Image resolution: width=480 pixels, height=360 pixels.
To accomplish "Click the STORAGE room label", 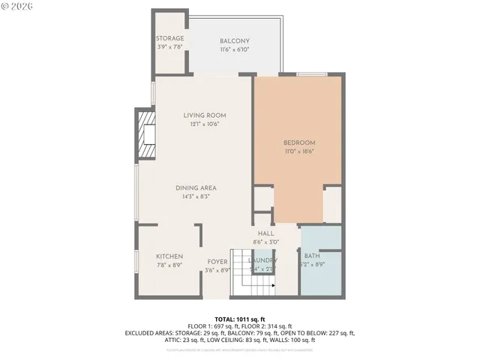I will (x=169, y=38).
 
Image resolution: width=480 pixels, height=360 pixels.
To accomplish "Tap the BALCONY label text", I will (x=235, y=40).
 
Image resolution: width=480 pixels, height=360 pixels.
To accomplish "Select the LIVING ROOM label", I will (x=205, y=115).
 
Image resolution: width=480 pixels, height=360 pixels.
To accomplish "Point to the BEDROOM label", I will (x=298, y=142).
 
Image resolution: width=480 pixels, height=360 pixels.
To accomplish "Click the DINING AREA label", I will (x=196, y=187).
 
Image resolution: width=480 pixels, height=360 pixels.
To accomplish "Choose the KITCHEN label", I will (x=169, y=256).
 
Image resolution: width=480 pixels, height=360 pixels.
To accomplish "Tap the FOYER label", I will (x=217, y=262).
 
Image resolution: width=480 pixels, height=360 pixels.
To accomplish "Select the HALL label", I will (x=266, y=233).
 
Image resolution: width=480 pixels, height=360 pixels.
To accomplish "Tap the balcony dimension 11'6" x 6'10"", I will (x=235, y=49).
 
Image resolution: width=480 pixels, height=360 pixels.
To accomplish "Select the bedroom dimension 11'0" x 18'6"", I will (x=298, y=151).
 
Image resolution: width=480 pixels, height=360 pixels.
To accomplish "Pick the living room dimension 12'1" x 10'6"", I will (x=205, y=124).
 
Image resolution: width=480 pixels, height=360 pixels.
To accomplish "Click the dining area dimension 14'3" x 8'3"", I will (x=196, y=196).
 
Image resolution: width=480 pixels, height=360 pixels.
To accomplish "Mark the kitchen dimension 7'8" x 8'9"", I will (x=169, y=265).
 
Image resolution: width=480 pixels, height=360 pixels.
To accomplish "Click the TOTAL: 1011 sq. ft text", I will (x=240, y=319).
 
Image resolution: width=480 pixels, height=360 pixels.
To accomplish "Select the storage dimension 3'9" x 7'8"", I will (x=169, y=46).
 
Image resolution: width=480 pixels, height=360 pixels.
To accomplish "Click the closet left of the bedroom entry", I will (x=263, y=199).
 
